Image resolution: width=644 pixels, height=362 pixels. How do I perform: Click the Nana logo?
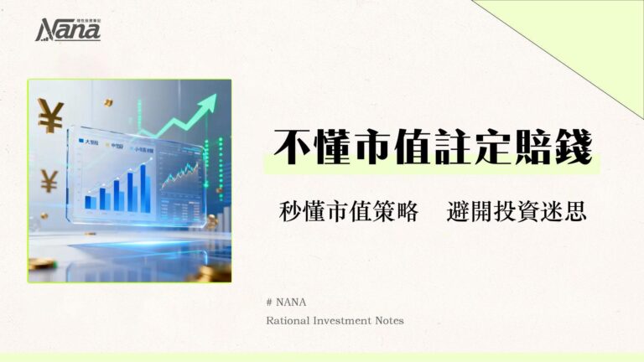click(68, 29)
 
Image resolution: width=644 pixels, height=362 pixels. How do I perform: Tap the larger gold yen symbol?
click(50, 116)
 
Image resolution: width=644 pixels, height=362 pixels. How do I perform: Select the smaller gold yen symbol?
click(49, 179)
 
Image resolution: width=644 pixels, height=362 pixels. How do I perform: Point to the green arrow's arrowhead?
click(206, 104)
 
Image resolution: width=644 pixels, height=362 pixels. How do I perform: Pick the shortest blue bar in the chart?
click(88, 202)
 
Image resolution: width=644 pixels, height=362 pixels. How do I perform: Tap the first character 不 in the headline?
click(289, 148)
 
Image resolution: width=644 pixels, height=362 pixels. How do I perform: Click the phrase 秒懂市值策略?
click(348, 212)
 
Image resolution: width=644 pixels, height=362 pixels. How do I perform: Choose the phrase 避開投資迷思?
click(517, 212)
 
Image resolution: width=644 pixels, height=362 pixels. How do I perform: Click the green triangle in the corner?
click(587, 38)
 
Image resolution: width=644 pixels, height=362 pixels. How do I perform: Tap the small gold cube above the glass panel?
click(107, 102)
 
